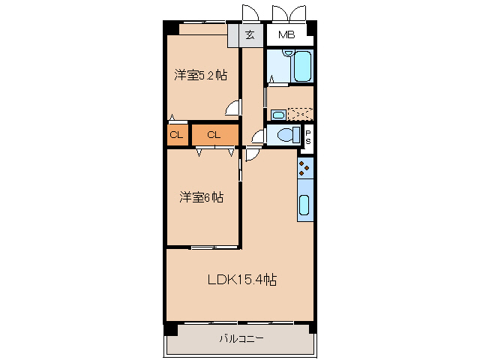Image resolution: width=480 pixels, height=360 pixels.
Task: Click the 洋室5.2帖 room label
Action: tap(201, 75)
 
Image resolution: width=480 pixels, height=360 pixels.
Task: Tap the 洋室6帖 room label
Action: tap(201, 197)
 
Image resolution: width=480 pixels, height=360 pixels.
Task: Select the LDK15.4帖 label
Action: tap(242, 280)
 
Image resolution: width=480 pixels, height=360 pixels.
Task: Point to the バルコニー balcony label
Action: tap(241, 338)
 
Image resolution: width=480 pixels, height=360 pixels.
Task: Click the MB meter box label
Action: tap(286, 35)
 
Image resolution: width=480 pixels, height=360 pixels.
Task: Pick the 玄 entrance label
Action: tap(250, 35)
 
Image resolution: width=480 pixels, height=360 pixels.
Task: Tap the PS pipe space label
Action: tap(308, 137)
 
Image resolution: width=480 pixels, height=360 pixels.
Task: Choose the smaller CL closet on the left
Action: tap(177, 135)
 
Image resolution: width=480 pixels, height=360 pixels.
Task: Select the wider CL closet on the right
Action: tap(215, 135)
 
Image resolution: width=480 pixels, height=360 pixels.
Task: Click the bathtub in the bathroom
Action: tap(303, 66)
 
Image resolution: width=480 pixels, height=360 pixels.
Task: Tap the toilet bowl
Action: tap(289, 135)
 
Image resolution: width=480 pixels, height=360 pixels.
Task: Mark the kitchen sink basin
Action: tap(304, 205)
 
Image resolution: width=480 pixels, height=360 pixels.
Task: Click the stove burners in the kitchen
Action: tap(305, 168)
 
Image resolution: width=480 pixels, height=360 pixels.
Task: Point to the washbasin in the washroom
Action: tap(278, 115)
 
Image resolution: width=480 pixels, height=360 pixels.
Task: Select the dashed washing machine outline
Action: tap(300, 114)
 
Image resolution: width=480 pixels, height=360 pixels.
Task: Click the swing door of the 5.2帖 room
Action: tap(232, 108)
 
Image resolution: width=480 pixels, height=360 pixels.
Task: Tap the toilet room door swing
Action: tap(259, 136)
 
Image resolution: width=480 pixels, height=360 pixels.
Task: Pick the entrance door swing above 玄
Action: tap(250, 13)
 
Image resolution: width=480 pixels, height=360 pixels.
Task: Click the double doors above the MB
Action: tap(289, 13)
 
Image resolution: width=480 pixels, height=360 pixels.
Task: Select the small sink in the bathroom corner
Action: tap(288, 52)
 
